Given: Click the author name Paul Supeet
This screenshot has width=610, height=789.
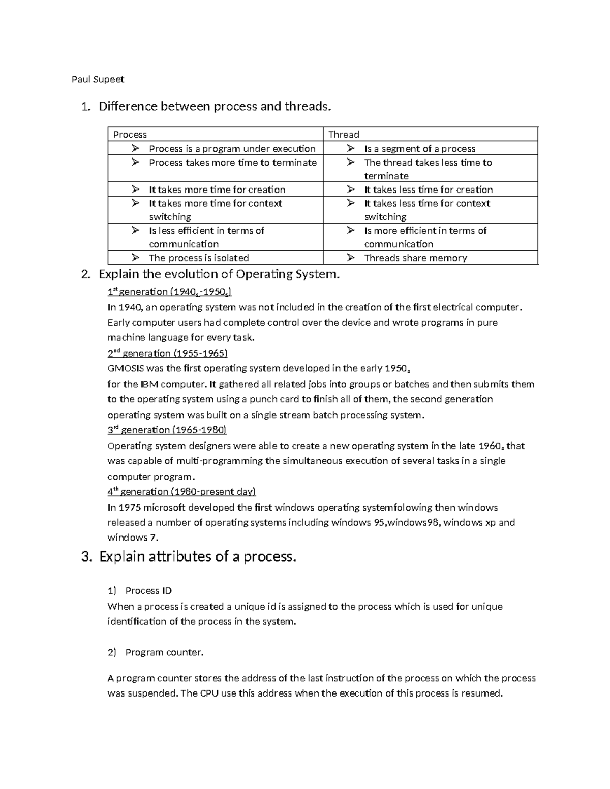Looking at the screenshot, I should pyautogui.click(x=98, y=79).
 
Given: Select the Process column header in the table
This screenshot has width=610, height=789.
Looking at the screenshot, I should pyautogui.click(x=130, y=135).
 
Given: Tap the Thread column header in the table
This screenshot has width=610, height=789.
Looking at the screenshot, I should pyautogui.click(x=344, y=135).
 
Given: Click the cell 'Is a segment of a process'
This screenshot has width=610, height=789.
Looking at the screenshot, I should pyautogui.click(x=419, y=149).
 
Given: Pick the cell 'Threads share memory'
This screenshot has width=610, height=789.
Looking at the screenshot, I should pyautogui.click(x=415, y=258).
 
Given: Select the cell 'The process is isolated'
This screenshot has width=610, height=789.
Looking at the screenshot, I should pyautogui.click(x=199, y=258).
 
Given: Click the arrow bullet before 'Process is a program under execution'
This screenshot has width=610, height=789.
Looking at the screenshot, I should pyautogui.click(x=135, y=148).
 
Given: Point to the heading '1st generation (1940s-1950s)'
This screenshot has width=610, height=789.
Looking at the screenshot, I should pyautogui.click(x=170, y=292).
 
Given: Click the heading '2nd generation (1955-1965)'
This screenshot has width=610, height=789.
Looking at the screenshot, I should pyautogui.click(x=167, y=353).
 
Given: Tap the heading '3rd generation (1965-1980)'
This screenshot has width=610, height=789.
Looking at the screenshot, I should pyautogui.click(x=167, y=430).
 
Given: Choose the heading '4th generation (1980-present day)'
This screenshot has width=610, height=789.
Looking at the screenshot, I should pyautogui.click(x=181, y=492).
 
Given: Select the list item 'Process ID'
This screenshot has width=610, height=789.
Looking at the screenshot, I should pyautogui.click(x=148, y=591).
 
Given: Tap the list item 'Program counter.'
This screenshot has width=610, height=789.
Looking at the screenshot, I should pyautogui.click(x=164, y=653).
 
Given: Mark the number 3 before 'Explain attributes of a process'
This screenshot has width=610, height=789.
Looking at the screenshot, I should pyautogui.click(x=85, y=557).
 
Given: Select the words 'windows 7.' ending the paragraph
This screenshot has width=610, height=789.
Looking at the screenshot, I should pyautogui.click(x=133, y=538).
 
